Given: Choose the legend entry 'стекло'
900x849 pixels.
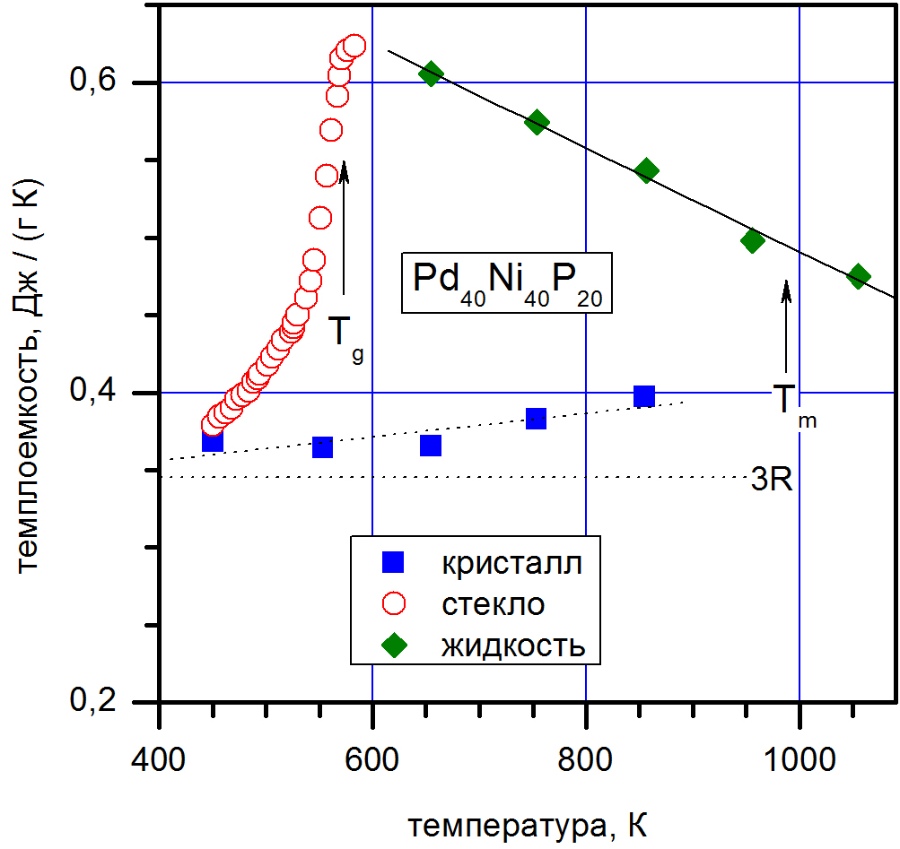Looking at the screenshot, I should click(x=493, y=604).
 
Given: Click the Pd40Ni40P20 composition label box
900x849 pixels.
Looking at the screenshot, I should click(x=507, y=283).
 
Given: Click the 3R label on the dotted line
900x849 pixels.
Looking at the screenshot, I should click(x=771, y=480).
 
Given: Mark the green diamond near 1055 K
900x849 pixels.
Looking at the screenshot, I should click(x=859, y=276).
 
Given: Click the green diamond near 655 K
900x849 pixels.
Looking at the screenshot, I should click(x=432, y=74).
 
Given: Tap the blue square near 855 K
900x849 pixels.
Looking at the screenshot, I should click(x=643, y=396).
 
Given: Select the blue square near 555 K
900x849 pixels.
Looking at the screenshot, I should click(x=322, y=446).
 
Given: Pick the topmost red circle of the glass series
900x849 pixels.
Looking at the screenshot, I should click(x=354, y=46).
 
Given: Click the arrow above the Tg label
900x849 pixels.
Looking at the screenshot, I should click(x=344, y=224).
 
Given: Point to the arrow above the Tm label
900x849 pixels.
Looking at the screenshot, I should click(x=786, y=327).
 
